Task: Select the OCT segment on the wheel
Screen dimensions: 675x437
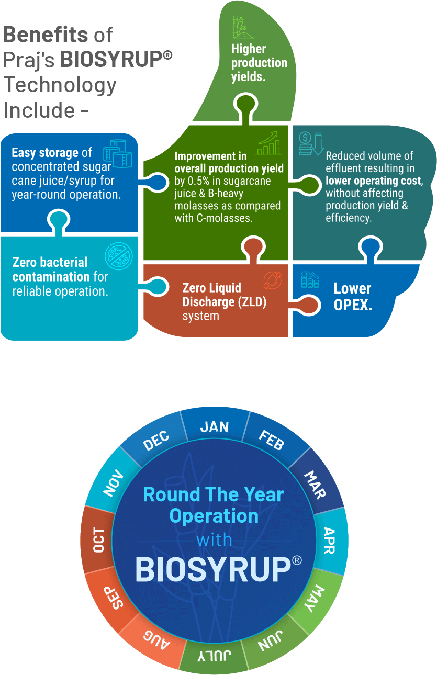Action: pyautogui.click(x=98, y=540)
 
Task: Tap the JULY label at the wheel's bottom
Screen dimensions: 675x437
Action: pyautogui.click(x=214, y=654)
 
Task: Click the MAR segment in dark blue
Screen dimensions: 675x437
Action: pyautogui.click(x=315, y=485)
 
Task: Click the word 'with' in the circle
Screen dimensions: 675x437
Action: pyautogui.click(x=214, y=540)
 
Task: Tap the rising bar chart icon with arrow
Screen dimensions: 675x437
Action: pyautogui.click(x=268, y=143)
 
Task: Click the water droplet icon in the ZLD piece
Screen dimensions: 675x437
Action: pyautogui.click(x=272, y=280)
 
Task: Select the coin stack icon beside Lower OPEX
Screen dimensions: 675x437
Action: pyautogui.click(x=310, y=280)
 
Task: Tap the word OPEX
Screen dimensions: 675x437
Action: pyautogui.click(x=353, y=306)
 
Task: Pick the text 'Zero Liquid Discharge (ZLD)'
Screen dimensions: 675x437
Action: pyautogui.click(x=217, y=295)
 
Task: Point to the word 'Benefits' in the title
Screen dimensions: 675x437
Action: pyautogui.click(x=46, y=35)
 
